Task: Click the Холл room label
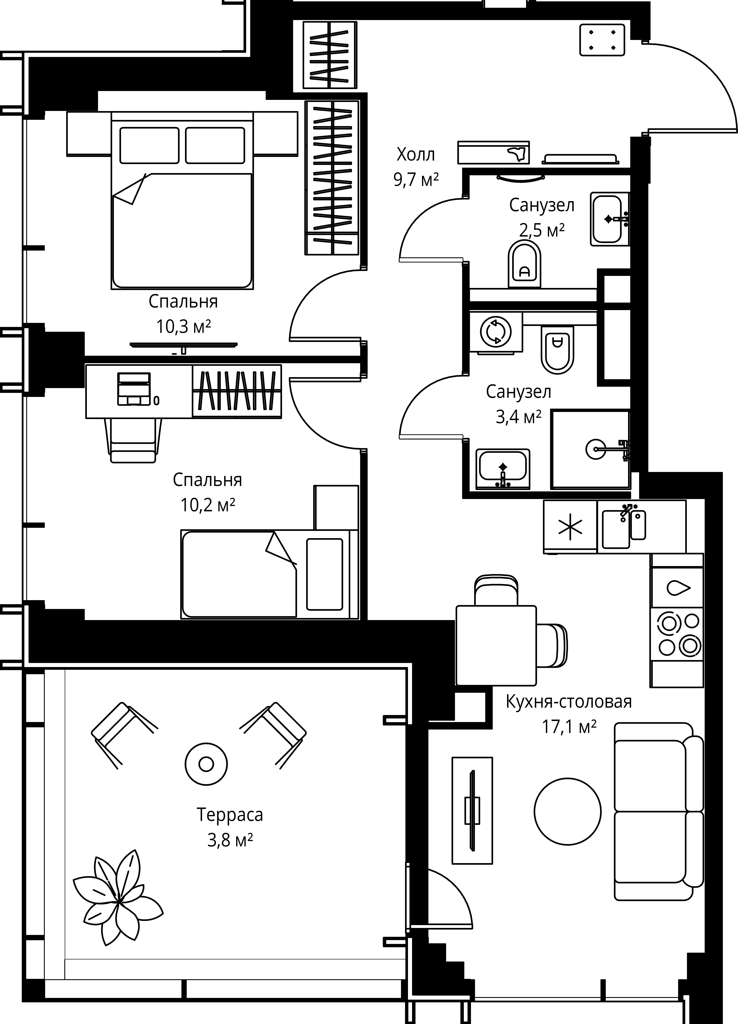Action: pos(415,155)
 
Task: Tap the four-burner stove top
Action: pos(676,634)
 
